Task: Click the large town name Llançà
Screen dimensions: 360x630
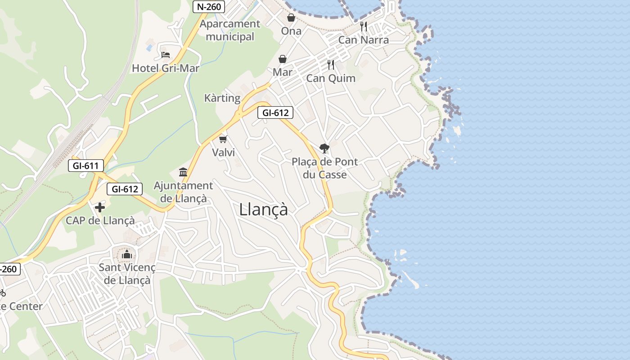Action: [263, 209]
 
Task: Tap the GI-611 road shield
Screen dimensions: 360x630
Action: [85, 166]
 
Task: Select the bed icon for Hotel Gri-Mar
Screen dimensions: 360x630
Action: [166, 55]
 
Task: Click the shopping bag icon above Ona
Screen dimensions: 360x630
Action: [291, 18]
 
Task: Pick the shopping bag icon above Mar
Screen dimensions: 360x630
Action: [283, 59]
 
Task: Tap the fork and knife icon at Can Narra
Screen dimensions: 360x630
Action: [364, 27]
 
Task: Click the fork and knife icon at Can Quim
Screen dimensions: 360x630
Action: [331, 65]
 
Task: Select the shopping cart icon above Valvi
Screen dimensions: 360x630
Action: [223, 139]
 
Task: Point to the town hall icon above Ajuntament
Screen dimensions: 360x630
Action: [183, 172]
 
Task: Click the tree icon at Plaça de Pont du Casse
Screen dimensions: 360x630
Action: [324, 148]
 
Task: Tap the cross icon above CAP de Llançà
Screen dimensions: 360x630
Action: [100, 207]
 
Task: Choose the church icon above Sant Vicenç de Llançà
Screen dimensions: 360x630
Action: [127, 254]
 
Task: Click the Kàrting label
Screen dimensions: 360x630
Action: [222, 98]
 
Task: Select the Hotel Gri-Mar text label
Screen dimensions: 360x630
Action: [165, 68]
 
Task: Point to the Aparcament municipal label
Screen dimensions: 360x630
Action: [230, 30]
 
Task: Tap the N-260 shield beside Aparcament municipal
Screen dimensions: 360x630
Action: [209, 7]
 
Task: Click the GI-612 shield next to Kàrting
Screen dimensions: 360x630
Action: [275, 112]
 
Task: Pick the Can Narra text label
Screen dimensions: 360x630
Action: [364, 40]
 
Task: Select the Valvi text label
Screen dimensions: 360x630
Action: [224, 153]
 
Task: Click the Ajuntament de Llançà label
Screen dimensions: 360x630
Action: [183, 192]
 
